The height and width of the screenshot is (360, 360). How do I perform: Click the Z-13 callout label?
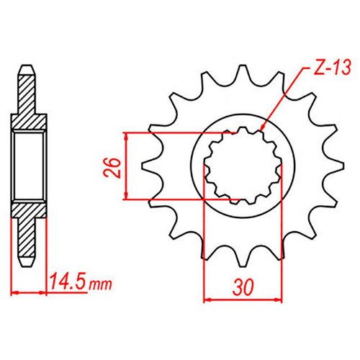[332, 67]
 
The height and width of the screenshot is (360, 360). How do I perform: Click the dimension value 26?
[112, 168]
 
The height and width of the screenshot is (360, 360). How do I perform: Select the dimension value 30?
[243, 287]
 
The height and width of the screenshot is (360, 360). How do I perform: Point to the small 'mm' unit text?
[100, 284]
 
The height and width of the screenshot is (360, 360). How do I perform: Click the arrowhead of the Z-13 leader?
[262, 127]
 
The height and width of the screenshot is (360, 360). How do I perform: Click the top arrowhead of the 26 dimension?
[125, 136]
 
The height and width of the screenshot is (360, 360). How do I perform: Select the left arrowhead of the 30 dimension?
[207, 300]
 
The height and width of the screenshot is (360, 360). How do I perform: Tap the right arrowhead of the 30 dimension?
[278, 300]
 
